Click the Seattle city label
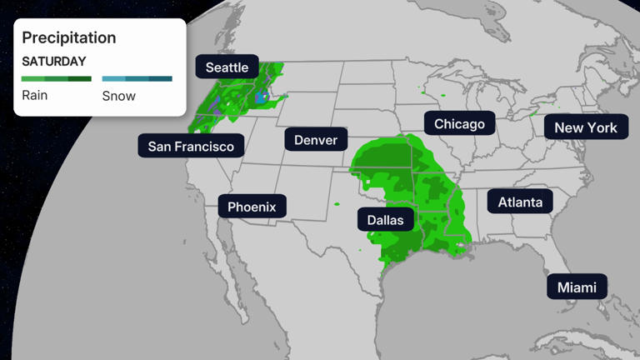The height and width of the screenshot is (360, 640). pos(227,67)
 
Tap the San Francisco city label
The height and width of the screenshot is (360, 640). pos(191,147)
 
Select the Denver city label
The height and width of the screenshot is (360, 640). pos(316,139)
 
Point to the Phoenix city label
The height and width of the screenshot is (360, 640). pos(252,206)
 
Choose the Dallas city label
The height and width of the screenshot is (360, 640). pos(385,220)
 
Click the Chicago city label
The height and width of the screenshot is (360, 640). pos(459,124)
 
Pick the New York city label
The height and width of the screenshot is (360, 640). pos(585,127)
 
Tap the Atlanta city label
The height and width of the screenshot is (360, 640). pos(520,202)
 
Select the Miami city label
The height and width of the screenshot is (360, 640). pos(577,287)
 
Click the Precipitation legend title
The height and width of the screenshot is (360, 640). pos(68,37)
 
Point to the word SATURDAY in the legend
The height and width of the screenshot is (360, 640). pos(53,62)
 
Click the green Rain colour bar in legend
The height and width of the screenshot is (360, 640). pos(56,79)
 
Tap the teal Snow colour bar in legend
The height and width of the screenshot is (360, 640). pos(137,79)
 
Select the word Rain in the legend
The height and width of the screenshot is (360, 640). pos(34,95)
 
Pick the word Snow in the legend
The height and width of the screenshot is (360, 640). pos(118,96)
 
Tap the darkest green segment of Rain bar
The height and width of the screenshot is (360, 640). pos(80,79)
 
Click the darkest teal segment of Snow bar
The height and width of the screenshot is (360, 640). pos(161,79)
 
